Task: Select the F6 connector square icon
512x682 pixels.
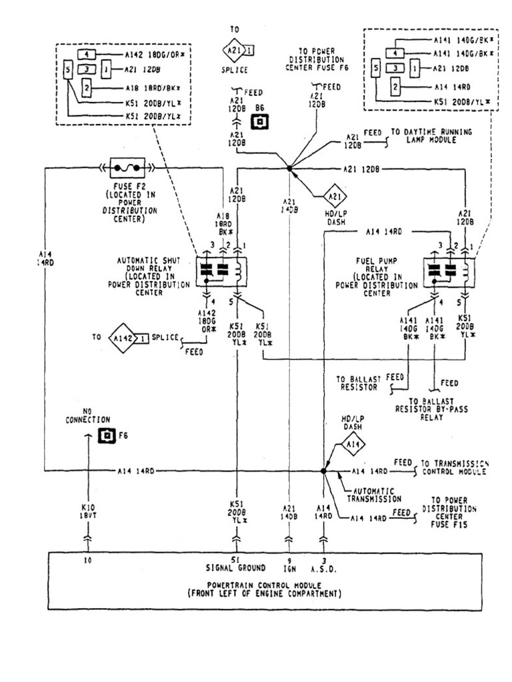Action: click(105, 436)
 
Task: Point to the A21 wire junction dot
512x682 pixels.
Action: click(289, 169)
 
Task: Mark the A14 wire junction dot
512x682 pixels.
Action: click(324, 471)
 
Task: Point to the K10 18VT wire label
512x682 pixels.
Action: click(87, 511)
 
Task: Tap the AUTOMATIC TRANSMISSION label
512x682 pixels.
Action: click(374, 494)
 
